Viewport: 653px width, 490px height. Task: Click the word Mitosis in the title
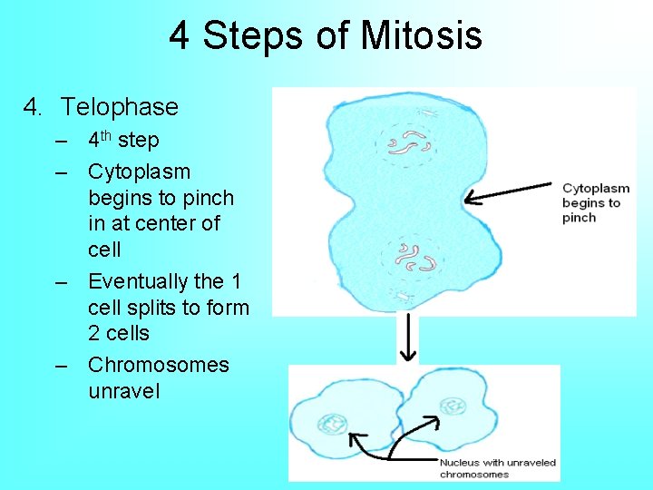click(421, 36)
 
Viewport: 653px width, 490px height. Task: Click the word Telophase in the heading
click(120, 107)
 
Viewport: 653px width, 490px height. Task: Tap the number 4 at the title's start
click(180, 36)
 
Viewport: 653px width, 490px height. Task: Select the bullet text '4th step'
click(123, 141)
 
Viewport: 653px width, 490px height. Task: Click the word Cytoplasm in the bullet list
click(139, 171)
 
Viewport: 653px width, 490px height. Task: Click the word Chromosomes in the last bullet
click(158, 365)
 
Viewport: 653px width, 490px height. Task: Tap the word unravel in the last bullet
click(123, 391)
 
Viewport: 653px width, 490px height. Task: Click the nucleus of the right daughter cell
click(451, 406)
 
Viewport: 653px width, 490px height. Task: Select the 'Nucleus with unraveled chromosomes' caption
click(498, 468)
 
